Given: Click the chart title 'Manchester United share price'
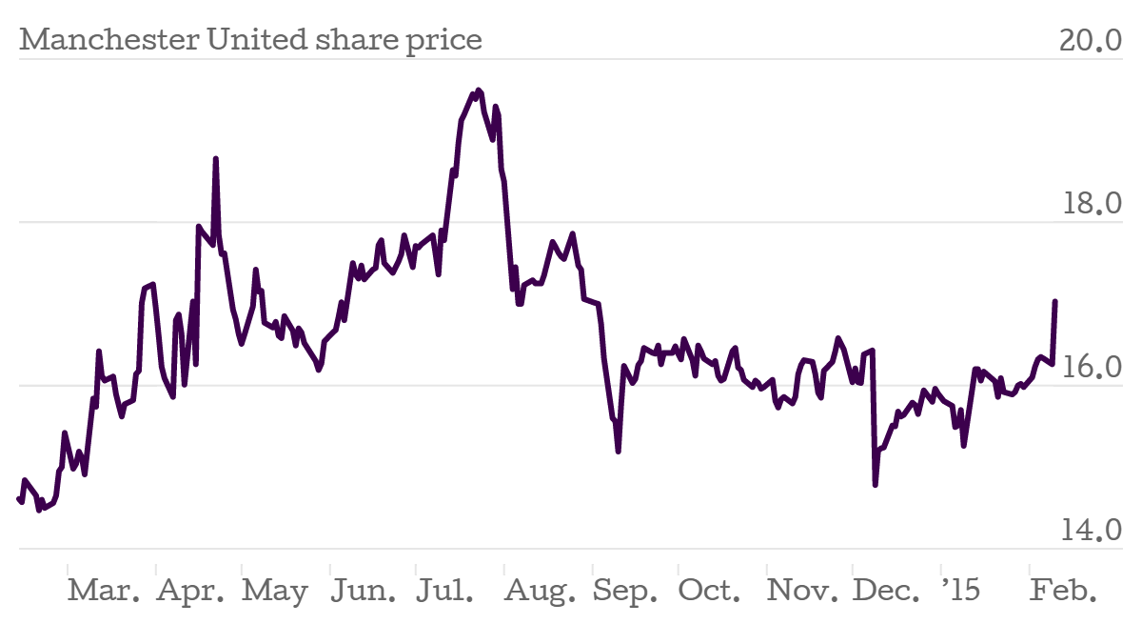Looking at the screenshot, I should click(250, 40).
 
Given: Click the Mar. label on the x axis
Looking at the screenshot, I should click(105, 591).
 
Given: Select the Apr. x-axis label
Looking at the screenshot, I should click(191, 591).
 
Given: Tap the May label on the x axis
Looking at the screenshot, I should click(275, 591).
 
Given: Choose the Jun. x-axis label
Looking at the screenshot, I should click(364, 591).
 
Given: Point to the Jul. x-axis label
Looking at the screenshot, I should click(445, 591).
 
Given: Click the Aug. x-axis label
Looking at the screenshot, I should click(539, 591).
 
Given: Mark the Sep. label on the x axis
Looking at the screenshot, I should click(625, 591).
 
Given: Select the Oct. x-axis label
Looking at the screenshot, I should click(711, 591).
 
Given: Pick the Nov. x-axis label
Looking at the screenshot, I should click(803, 591).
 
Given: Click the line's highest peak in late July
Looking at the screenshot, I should click(478, 90).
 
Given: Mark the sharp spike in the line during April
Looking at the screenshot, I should click(216, 159).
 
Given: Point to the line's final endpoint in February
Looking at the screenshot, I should click(1055, 302).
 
